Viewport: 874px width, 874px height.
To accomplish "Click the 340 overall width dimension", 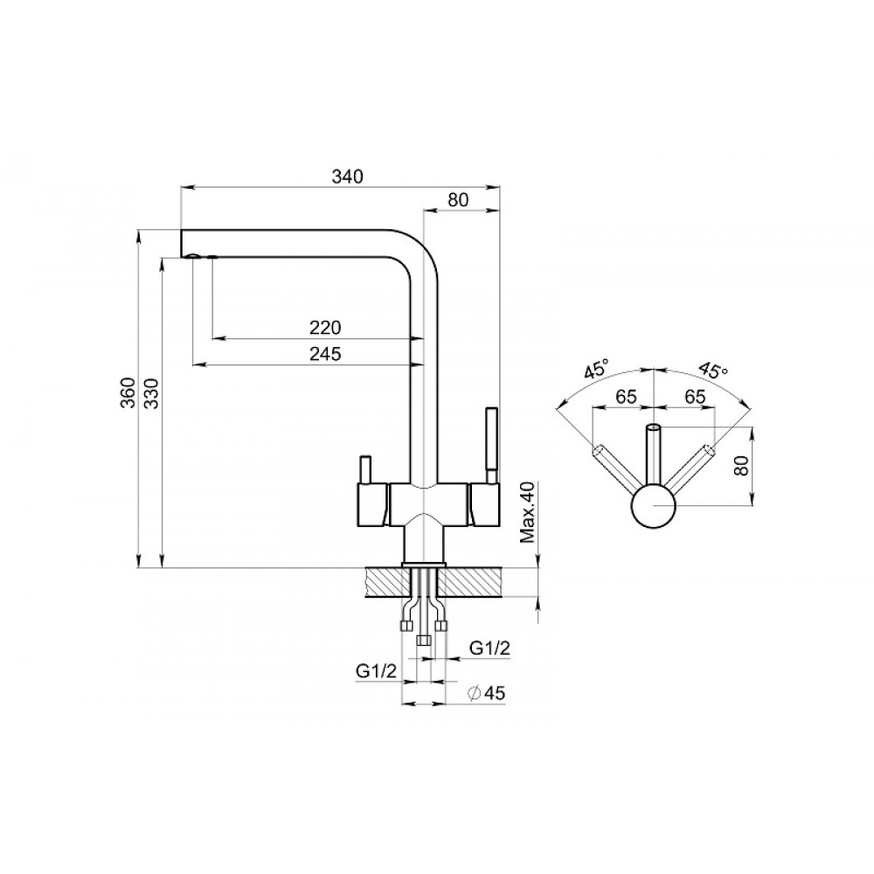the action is tap(347, 177).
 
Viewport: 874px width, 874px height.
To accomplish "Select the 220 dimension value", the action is tap(325, 327).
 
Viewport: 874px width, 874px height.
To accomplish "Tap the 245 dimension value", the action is tap(325, 353).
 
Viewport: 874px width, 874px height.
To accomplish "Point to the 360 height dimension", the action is tap(128, 392).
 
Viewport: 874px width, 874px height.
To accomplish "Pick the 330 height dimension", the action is tap(151, 392).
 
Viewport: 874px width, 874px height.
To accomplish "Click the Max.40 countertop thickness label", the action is tap(527, 512).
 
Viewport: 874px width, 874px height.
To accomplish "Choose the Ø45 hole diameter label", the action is tap(486, 693).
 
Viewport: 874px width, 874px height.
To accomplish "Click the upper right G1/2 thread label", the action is tap(490, 648).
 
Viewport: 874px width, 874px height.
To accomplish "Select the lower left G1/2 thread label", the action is tap(376, 670).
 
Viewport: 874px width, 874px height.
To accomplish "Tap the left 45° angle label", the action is tap(596, 370).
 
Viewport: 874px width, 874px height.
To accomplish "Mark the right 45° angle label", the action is tap(713, 370).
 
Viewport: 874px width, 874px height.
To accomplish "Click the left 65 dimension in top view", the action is tap(626, 397).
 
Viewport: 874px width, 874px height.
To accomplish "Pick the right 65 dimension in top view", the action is tap(694, 397).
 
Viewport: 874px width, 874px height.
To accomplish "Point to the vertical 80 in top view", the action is tap(740, 463).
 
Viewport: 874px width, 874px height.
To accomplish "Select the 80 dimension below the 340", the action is tap(458, 199).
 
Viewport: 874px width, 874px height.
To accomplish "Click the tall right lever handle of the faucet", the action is tap(491, 446).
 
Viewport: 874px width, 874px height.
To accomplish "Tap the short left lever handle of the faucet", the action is tap(365, 470).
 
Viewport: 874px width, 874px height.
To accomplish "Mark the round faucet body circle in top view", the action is tap(653, 505).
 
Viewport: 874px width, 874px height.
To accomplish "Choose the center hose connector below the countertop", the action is tap(424, 641).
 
